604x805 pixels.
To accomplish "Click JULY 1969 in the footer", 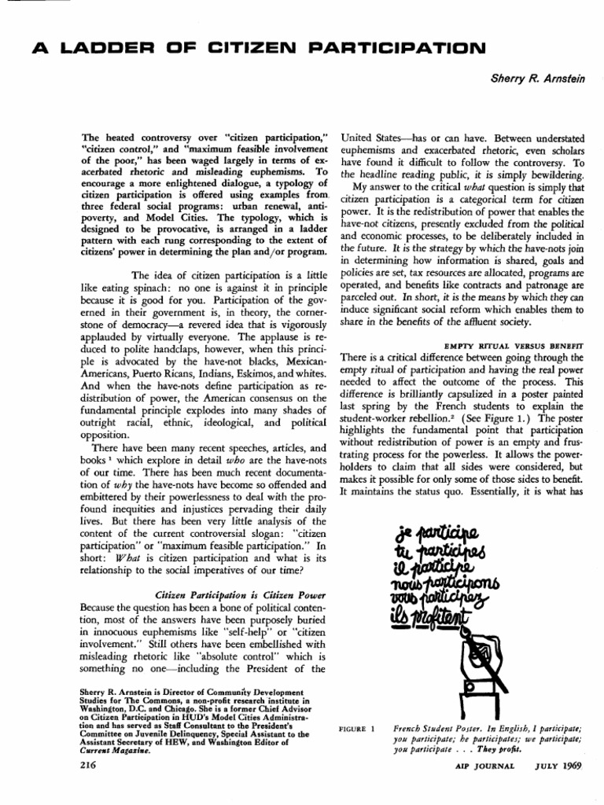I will [555, 766].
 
